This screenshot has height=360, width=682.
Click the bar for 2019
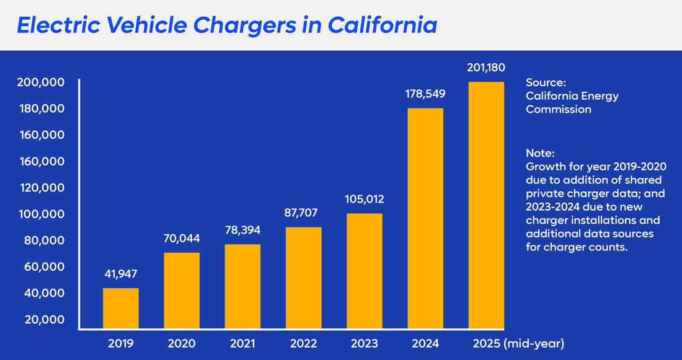coord(121,308)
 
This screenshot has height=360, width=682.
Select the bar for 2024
coord(425,218)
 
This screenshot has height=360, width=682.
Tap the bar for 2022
coord(304,278)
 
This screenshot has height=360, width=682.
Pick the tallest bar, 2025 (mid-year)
coord(486,204)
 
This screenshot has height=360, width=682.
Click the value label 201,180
coord(486,67)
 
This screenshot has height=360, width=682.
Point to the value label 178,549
coord(425,94)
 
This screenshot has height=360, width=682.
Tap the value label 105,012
coord(365,200)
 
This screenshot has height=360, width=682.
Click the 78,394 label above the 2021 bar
coord(243,230)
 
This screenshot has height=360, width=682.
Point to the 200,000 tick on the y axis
coord(40,82)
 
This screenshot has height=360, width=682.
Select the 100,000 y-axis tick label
coord(40,214)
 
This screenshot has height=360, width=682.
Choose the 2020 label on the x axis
coord(182,343)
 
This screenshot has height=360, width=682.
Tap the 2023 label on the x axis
coord(365,343)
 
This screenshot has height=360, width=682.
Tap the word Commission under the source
coord(558,110)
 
